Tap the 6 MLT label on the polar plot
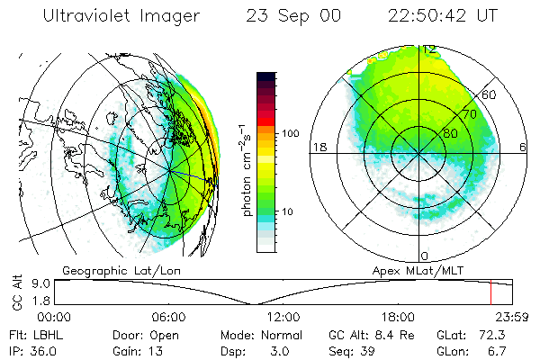[x=524, y=147]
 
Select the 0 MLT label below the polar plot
[x=426, y=256]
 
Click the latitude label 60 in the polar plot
[x=490, y=94]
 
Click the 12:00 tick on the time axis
[x=283, y=318]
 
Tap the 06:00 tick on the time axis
[x=168, y=318]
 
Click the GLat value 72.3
[x=499, y=334]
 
